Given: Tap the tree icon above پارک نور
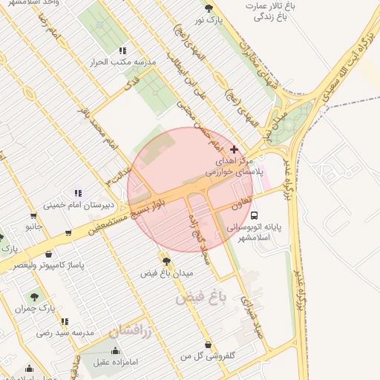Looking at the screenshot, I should pos(209,9).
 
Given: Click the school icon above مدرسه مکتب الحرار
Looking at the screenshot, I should pos(122,50).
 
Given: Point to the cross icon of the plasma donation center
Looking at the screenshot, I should pos(235,149).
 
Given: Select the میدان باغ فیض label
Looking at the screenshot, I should pos(167,273).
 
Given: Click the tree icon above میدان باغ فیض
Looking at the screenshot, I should pos(166,261).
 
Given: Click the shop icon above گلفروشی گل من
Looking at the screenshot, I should pos(207,344).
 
